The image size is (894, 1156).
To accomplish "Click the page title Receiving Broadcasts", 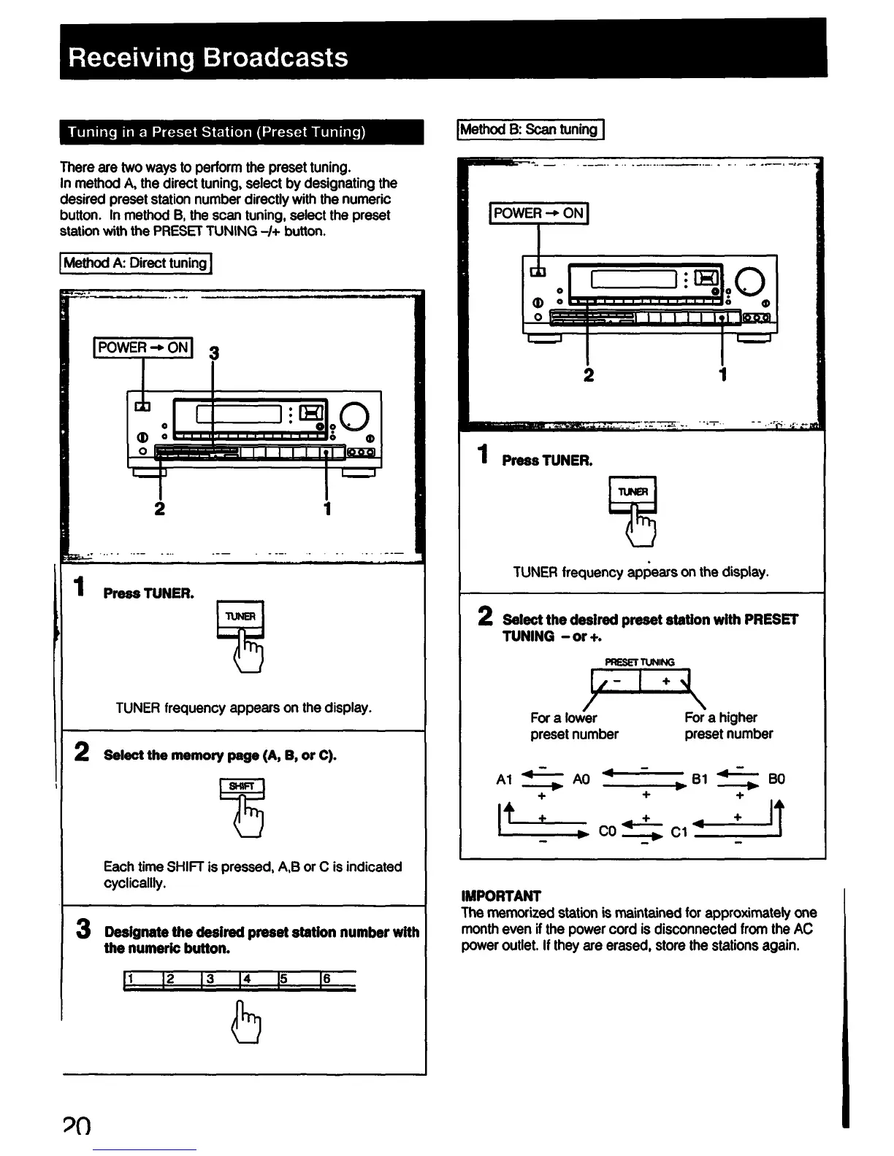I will (208, 57).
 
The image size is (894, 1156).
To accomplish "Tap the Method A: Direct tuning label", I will (135, 263).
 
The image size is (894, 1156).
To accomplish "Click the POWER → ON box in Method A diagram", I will (143, 347).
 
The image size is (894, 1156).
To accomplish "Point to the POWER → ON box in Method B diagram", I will (539, 213).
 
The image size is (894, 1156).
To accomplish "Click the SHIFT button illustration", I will (241, 787).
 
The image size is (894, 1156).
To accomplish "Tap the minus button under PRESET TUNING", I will (617, 681).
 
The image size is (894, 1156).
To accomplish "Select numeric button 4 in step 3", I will (257, 980).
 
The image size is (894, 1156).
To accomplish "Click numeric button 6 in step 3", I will (337, 980).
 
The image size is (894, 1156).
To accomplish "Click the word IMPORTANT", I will (501, 895).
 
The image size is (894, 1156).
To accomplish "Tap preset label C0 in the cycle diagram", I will (607, 831).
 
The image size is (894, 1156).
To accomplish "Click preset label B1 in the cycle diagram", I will (699, 779).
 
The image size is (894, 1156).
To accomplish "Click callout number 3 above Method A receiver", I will (214, 354).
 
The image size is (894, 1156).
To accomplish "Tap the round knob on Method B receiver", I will (751, 280).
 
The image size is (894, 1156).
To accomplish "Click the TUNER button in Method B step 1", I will (633, 492).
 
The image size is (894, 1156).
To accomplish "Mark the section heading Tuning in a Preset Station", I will (216, 132).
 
